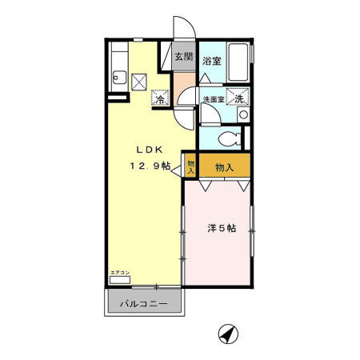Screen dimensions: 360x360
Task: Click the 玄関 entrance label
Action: pyautogui.click(x=183, y=58)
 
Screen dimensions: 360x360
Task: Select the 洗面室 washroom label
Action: pyautogui.click(x=212, y=99)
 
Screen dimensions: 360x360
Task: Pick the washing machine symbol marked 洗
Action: pyautogui.click(x=237, y=98)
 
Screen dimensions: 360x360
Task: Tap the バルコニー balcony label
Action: pyautogui.click(x=144, y=305)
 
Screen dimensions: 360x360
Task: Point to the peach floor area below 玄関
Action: pyautogui.click(x=183, y=80)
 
